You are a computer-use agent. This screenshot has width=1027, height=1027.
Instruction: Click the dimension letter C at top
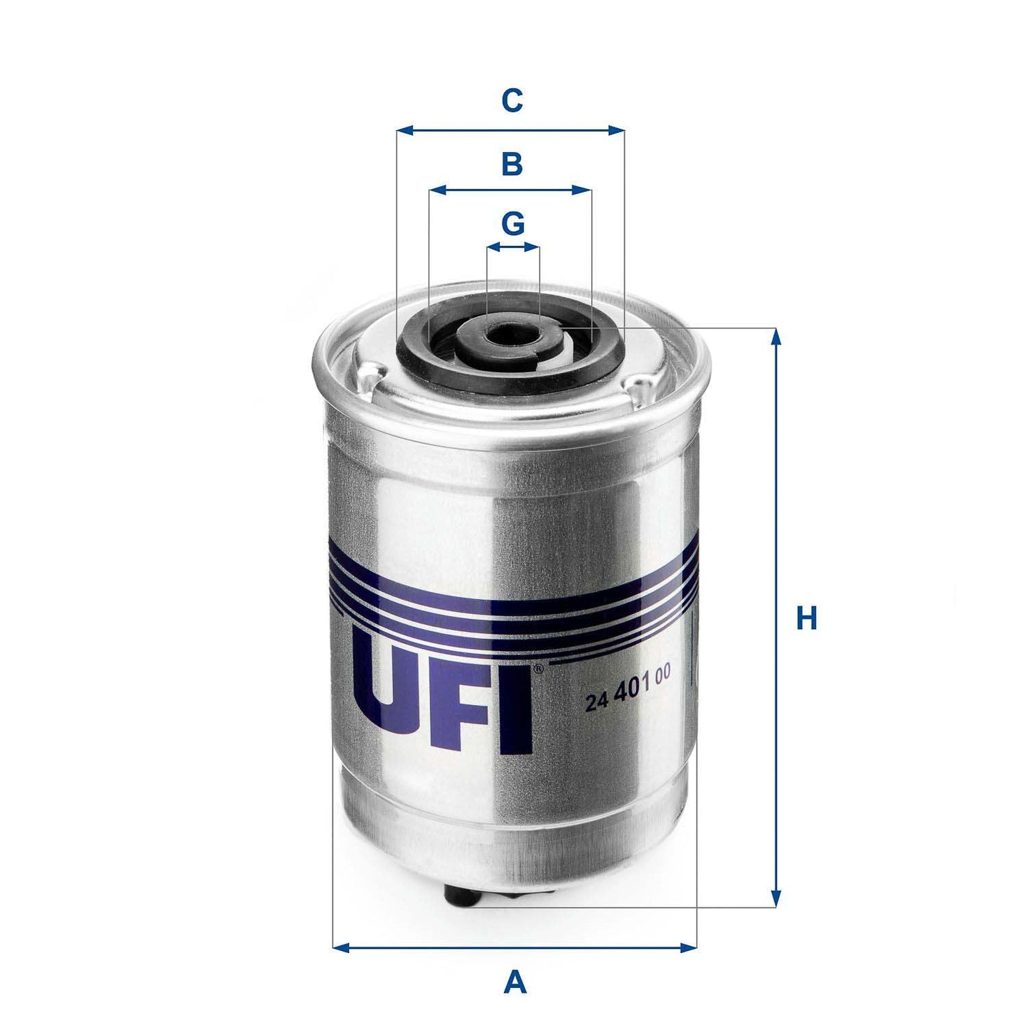(x=512, y=100)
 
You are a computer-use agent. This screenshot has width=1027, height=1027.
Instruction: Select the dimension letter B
(x=512, y=164)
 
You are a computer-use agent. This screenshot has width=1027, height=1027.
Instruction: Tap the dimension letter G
(x=512, y=224)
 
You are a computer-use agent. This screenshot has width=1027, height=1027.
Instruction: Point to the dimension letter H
(x=806, y=618)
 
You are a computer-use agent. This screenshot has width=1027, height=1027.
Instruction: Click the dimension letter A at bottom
(x=515, y=984)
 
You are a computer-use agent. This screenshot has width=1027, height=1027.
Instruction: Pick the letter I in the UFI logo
(x=522, y=711)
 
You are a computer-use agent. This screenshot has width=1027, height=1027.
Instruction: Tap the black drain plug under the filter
(x=462, y=895)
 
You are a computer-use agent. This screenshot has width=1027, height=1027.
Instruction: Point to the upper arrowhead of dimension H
(x=776, y=336)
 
